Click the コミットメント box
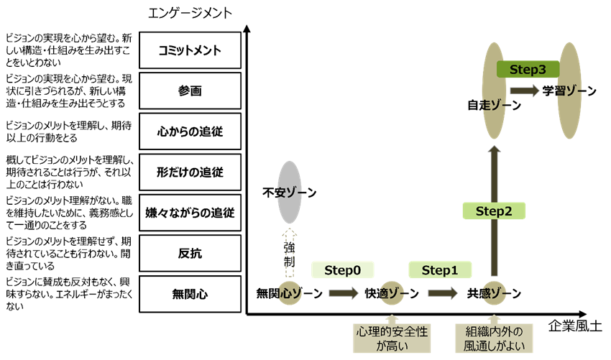coord(190,50)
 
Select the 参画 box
coord(190,91)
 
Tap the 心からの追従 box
coord(190,131)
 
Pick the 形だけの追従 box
coord(190,172)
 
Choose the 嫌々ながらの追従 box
coord(190,213)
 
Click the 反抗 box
coord(190,253)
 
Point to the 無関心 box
coord(190,293)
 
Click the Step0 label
coord(343,270)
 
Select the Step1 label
coord(440,270)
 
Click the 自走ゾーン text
coord(494,105)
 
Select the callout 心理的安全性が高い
coord(392,338)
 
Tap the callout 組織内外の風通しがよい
coord(494,338)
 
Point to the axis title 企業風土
coord(574,327)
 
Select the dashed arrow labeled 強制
coord(289,252)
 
